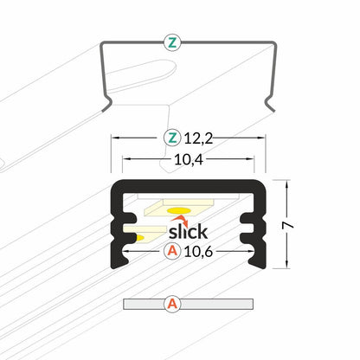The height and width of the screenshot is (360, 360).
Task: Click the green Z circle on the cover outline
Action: [172, 42]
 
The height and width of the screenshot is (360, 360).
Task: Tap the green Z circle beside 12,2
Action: [172, 138]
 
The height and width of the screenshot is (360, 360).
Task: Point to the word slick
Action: [187, 232]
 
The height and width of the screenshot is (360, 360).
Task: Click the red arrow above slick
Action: [180, 219]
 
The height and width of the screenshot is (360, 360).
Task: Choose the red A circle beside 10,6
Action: [172, 252]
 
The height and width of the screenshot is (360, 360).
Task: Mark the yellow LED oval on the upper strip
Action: [179, 210]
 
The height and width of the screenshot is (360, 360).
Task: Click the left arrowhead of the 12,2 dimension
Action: [114, 138]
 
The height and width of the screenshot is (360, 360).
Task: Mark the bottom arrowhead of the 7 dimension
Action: [285, 265]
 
